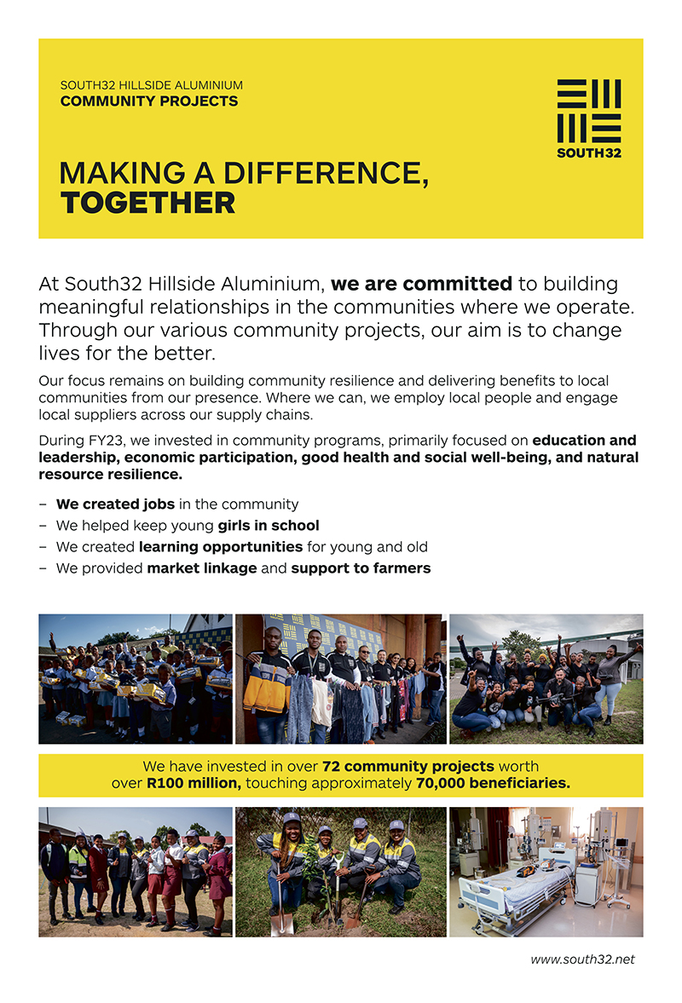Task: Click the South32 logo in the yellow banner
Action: coord(588,118)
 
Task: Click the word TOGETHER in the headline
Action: coord(147,204)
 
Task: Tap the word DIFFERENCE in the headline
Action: coord(325,173)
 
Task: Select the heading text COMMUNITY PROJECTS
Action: coord(148,101)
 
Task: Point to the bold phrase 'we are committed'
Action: coord(421,284)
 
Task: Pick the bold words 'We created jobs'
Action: coord(115,504)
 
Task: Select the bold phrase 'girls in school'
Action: coord(269,526)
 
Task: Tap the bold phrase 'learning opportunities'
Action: coord(221,547)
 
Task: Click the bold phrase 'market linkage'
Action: coord(202,568)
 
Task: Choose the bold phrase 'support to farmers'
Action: coord(361,568)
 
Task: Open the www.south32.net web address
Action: coord(582,960)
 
